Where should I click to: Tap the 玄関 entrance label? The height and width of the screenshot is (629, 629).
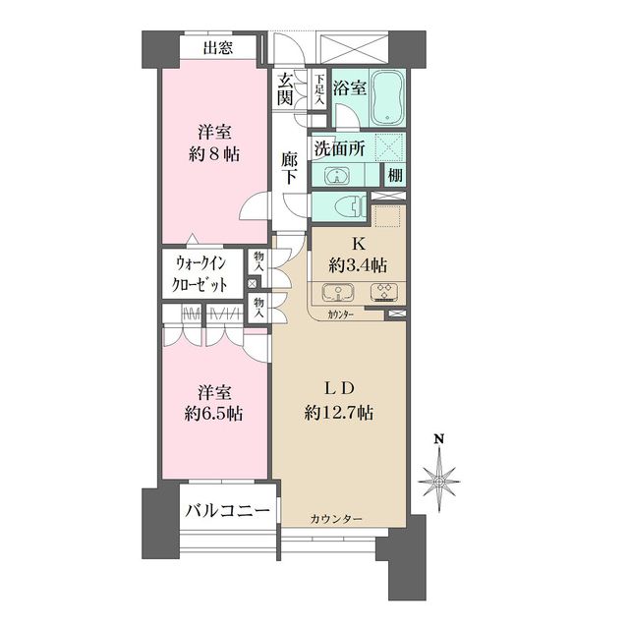point(286,88)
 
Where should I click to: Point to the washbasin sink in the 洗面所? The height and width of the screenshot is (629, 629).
point(336,177)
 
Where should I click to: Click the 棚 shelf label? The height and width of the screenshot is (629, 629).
point(395,176)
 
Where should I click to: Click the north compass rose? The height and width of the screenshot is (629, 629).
point(439,482)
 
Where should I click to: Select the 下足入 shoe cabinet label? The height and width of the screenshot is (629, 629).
point(318,89)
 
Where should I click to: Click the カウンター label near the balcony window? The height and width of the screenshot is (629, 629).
point(336,518)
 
